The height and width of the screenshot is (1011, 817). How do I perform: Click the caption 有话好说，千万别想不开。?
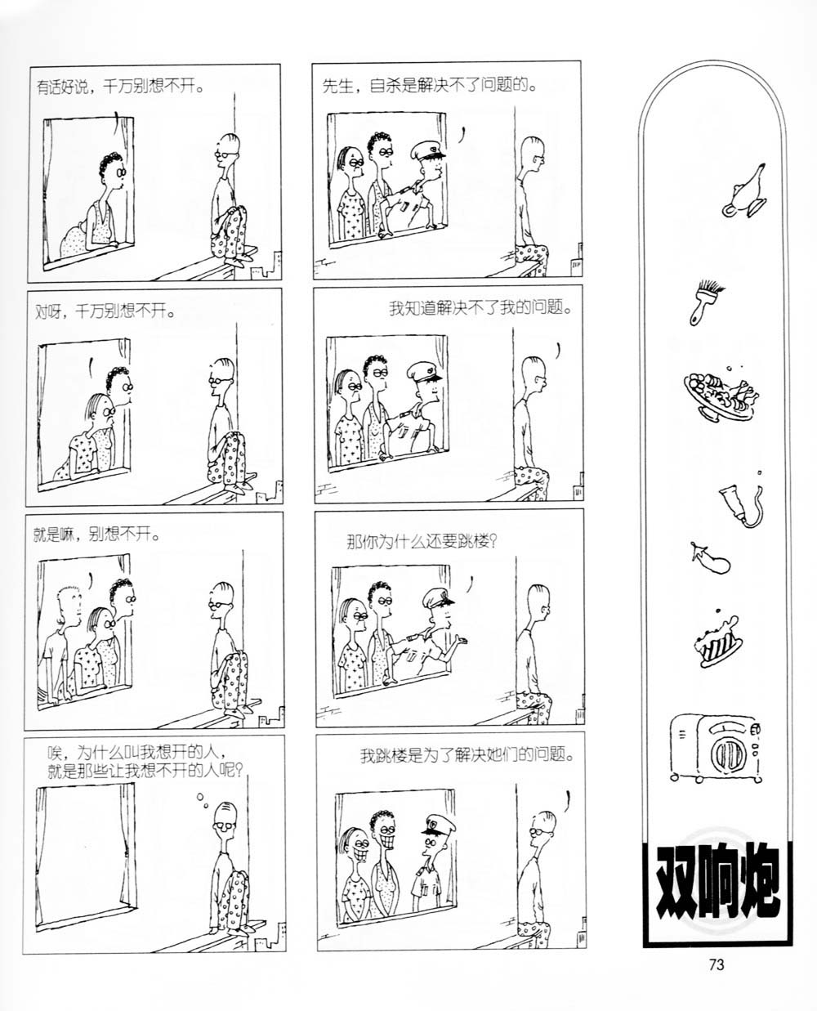coord(121,87)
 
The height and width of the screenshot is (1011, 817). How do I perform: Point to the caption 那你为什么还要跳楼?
coord(422,541)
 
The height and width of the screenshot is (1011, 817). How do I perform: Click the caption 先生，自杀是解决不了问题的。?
coord(431,87)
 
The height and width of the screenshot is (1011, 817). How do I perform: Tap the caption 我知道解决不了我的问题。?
coord(480,308)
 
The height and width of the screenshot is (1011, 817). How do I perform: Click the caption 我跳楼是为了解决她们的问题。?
coord(467,754)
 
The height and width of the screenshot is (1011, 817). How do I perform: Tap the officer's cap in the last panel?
coord(439,826)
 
